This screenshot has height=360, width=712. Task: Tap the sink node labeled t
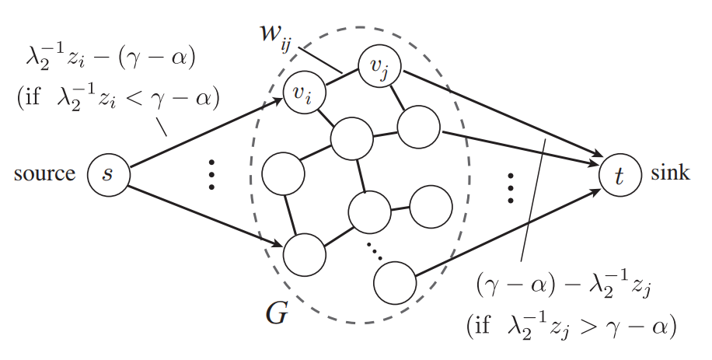tap(620, 173)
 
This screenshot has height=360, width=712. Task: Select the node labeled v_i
tap(304, 93)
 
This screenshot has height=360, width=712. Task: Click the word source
tap(44, 173)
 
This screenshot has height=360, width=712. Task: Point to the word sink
tap(671, 172)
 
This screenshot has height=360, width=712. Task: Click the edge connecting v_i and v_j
tap(341, 80)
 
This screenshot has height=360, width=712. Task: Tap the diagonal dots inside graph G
tap(375, 250)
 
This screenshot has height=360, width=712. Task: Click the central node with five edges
tap(351, 140)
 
